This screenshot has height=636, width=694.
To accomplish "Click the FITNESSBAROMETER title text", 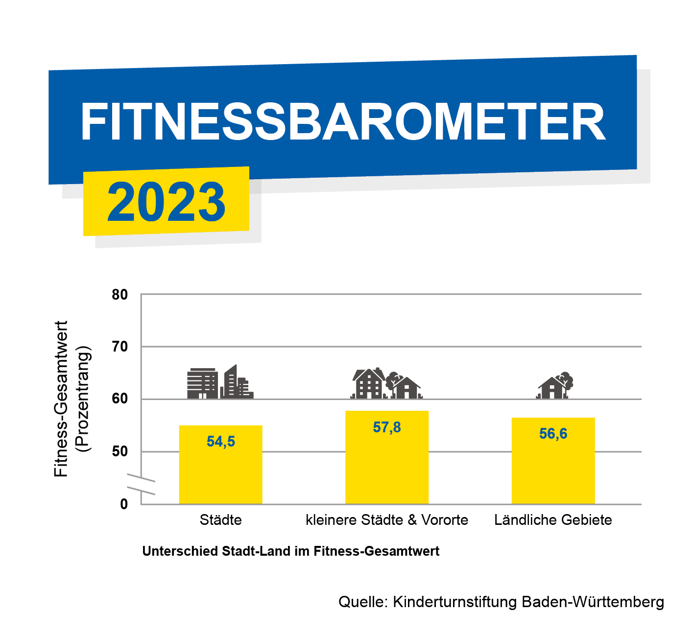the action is tap(343, 121).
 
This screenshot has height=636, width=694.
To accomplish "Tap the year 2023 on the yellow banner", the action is tap(166, 202).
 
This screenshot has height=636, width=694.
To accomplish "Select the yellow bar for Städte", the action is tap(220, 465).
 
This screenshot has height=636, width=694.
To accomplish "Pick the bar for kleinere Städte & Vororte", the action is tap(387, 457).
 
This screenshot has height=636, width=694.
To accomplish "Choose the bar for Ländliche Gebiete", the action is tap(553, 461).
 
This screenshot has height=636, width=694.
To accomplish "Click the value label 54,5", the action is tap(221, 441).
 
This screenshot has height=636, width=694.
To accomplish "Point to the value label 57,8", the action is tap(387, 427).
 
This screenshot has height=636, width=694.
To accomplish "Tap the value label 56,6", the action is tap(553, 433).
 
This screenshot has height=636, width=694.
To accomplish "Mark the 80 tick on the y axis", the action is tap(120, 295).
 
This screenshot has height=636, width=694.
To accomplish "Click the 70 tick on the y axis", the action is tap(120, 347).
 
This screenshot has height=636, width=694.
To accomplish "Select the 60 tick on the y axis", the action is tap(120, 399).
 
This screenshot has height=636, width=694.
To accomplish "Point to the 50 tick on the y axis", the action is tap(120, 451).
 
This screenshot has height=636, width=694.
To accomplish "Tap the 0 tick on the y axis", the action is tap(124, 504).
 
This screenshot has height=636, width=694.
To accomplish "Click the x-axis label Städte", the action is tap(220, 520).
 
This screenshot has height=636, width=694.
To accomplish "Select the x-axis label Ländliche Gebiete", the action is tap(553, 520).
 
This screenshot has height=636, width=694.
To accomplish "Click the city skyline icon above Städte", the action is tap(220, 382).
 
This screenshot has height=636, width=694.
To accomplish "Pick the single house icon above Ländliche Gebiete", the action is tap(554, 385).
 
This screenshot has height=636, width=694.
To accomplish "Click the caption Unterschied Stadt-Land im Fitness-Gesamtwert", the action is tap(290, 551).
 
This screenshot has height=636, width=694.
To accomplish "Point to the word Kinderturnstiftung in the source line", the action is tap(455, 602).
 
